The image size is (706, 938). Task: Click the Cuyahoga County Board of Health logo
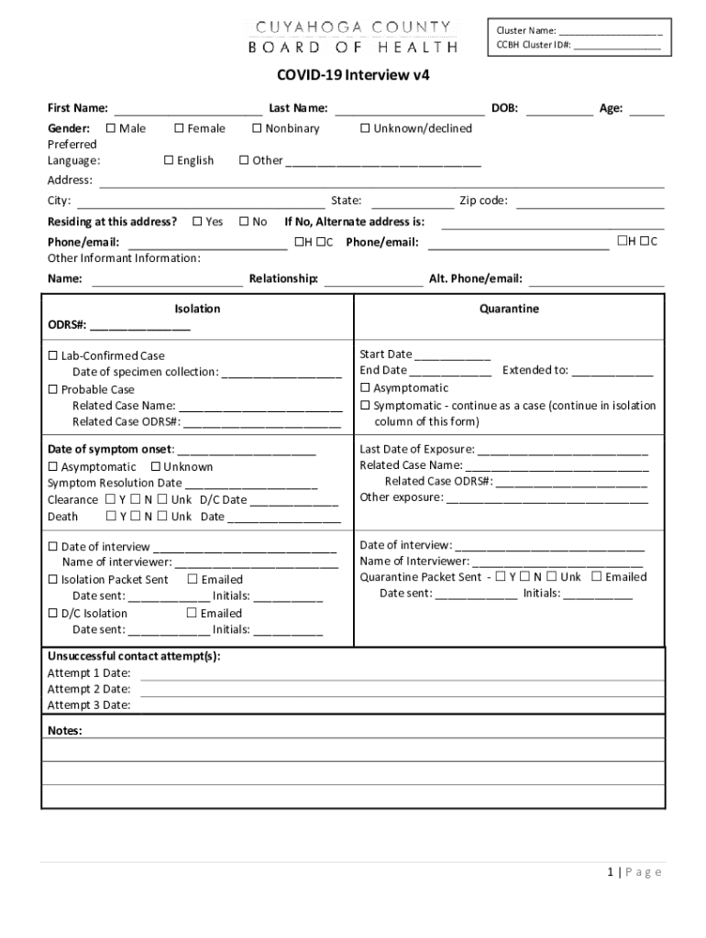353,37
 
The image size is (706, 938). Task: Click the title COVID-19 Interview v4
353,76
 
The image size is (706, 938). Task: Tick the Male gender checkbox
111,128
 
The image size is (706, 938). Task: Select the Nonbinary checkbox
258,128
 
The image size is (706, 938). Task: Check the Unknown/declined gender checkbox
365,128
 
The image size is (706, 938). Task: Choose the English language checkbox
169,160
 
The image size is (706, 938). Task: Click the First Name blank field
187,109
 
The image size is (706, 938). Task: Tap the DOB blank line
559,109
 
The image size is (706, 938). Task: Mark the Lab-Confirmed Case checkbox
53,355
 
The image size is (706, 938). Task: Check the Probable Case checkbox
53,389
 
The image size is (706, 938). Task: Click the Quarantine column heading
509,310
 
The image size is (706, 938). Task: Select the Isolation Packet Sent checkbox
53,580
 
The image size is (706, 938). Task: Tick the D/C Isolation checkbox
53,614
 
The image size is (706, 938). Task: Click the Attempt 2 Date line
402,689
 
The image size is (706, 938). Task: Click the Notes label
65,730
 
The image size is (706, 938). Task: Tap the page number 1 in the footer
610,873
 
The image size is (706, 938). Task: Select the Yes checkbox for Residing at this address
197,222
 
